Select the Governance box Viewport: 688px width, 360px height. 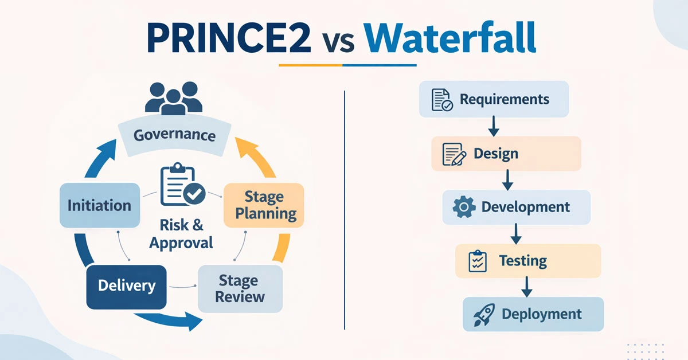tap(174, 135)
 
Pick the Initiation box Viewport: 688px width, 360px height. tap(100, 205)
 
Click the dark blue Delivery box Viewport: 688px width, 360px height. tap(126, 285)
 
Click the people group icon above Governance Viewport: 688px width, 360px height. tap(174, 98)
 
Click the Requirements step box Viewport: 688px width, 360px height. tap(494, 99)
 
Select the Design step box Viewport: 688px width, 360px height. tap(506, 154)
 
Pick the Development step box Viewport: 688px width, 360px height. tap(516, 207)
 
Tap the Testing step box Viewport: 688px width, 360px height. tap(527, 261)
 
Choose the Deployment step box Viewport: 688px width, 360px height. tap(533, 314)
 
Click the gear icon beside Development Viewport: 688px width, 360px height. tap(464, 207)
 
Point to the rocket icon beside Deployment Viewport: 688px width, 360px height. tap(484, 315)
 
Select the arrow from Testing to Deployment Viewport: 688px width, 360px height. tap(526, 287)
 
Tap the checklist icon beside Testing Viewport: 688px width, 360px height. tap(477, 261)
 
